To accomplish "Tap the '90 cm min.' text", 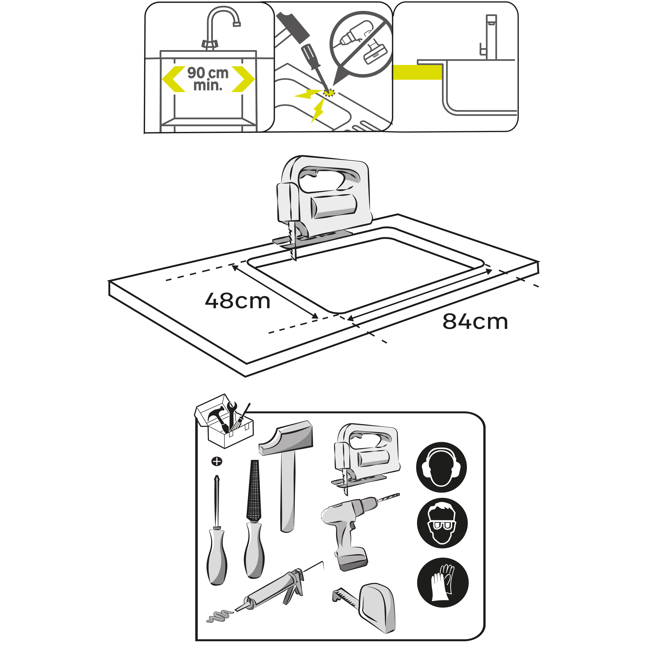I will (x=208, y=79).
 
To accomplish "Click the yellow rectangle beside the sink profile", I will (x=417, y=72).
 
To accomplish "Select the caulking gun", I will (x=274, y=590).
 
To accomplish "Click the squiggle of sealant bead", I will (x=219, y=616).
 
